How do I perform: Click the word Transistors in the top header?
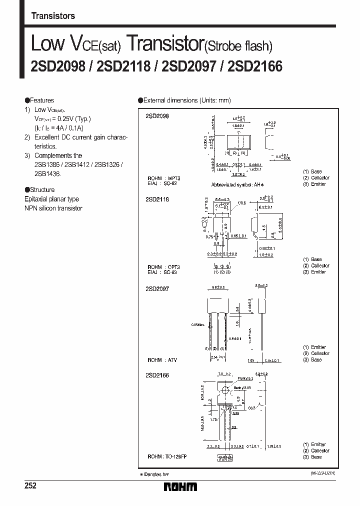53,16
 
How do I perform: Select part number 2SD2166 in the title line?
255,65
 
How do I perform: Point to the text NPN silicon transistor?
53,208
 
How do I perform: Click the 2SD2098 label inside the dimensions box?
158,115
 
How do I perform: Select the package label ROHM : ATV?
162,360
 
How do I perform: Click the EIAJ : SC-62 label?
162,183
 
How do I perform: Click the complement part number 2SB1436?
46,173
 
